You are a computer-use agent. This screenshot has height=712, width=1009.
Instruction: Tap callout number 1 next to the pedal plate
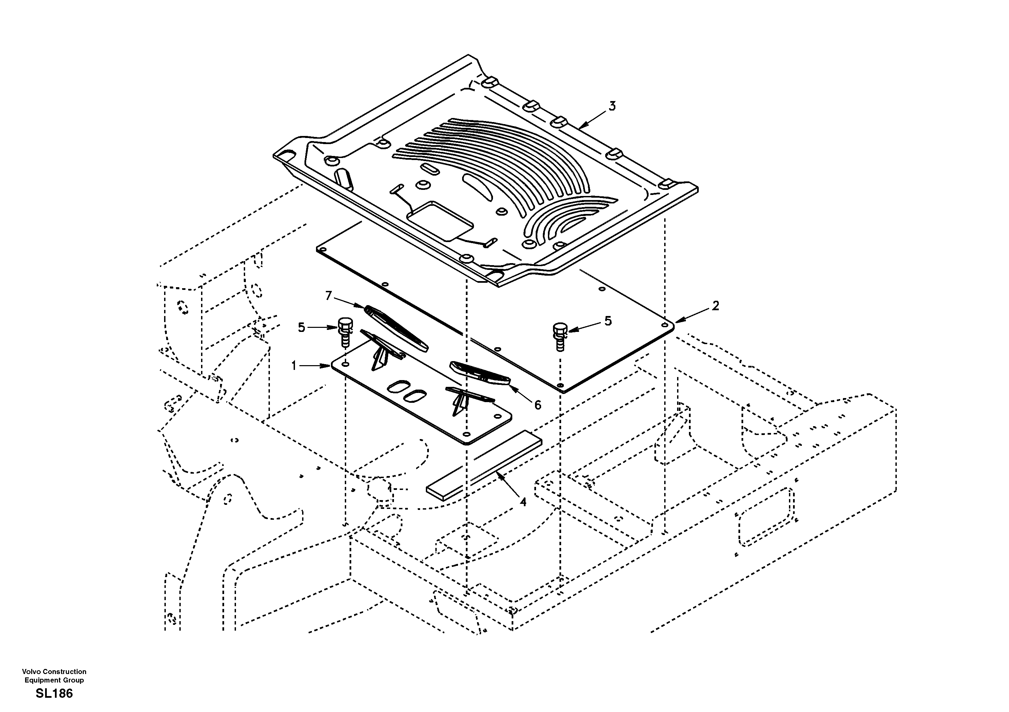pos(294,365)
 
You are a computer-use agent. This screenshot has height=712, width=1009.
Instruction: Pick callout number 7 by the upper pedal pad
pos(328,296)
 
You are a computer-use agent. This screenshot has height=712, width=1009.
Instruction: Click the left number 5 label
pos(301,328)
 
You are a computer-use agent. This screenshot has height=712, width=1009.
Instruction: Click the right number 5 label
pos(608,321)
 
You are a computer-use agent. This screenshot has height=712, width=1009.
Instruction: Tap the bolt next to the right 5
pos(560,337)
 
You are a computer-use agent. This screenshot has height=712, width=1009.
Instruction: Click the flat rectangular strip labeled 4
pos(483,465)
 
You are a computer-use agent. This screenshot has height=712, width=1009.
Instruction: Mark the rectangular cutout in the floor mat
pos(440,221)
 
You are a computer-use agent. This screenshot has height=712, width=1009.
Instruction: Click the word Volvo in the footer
pos(31,672)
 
